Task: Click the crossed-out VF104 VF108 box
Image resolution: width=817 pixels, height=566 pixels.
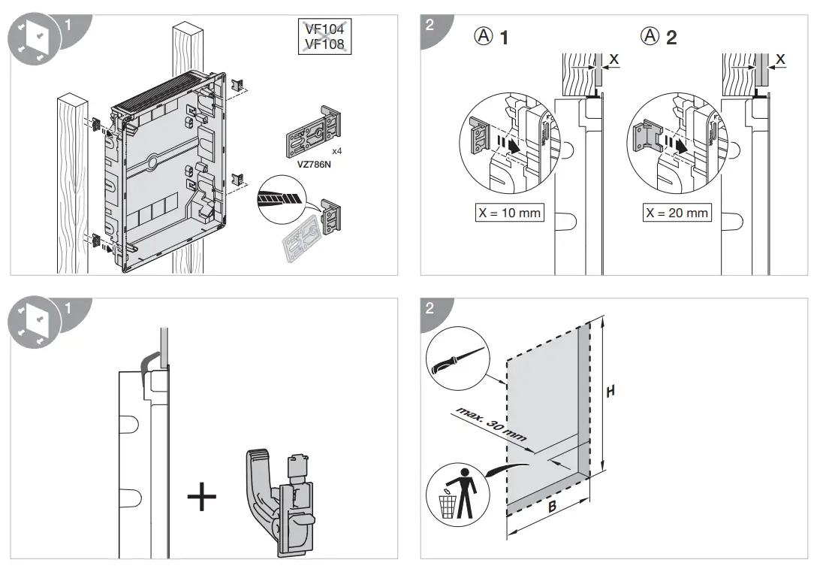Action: pyautogui.click(x=324, y=36)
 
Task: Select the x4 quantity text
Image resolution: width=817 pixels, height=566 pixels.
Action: pyautogui.click(x=337, y=151)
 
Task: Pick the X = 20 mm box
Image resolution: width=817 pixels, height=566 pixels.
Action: pyautogui.click(x=677, y=213)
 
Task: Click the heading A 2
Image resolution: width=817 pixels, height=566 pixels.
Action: pyautogui.click(x=659, y=37)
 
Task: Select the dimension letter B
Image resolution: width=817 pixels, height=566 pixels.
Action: pyautogui.click(x=551, y=507)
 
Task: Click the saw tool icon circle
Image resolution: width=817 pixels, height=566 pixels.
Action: pyautogui.click(x=456, y=361)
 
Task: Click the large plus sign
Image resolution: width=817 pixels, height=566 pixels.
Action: pyautogui.click(x=201, y=498)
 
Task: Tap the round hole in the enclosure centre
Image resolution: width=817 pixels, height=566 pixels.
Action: pyautogui.click(x=152, y=161)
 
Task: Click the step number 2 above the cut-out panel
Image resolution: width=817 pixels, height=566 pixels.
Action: pyautogui.click(x=430, y=308)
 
